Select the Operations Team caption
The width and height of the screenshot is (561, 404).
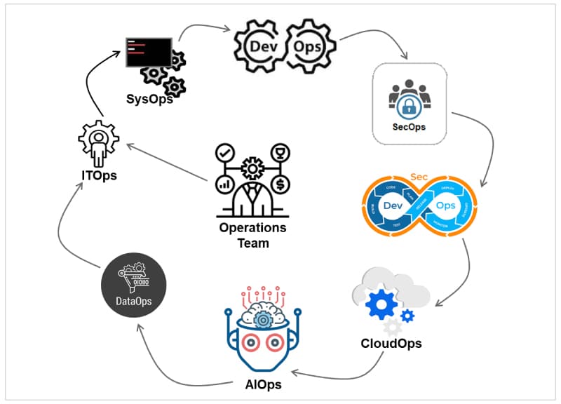tap(252, 235)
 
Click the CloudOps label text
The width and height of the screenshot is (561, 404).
tap(391, 344)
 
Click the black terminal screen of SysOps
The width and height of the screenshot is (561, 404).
tap(149, 51)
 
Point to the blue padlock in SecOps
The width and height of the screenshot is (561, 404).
tap(409, 106)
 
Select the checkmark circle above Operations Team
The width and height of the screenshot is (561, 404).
tap(224, 152)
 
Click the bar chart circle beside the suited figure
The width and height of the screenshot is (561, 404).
tap(225, 185)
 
